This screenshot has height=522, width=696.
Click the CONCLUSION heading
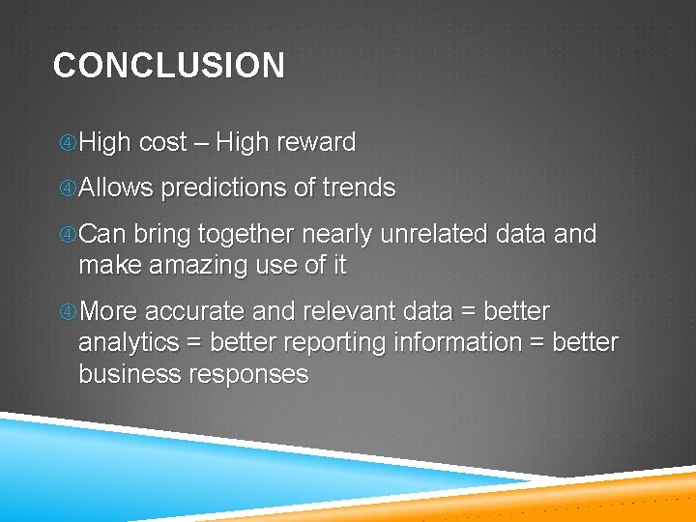pyautogui.click(x=169, y=66)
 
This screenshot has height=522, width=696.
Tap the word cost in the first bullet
pyautogui.click(x=162, y=143)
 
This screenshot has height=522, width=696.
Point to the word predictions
pyautogui.click(x=223, y=188)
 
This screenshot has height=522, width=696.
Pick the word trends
pyautogui.click(x=359, y=188)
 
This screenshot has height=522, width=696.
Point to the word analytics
pyautogui.click(x=129, y=343)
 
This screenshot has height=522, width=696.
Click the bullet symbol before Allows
pyautogui.click(x=68, y=188)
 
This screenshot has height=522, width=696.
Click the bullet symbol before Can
pyautogui.click(x=68, y=235)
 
